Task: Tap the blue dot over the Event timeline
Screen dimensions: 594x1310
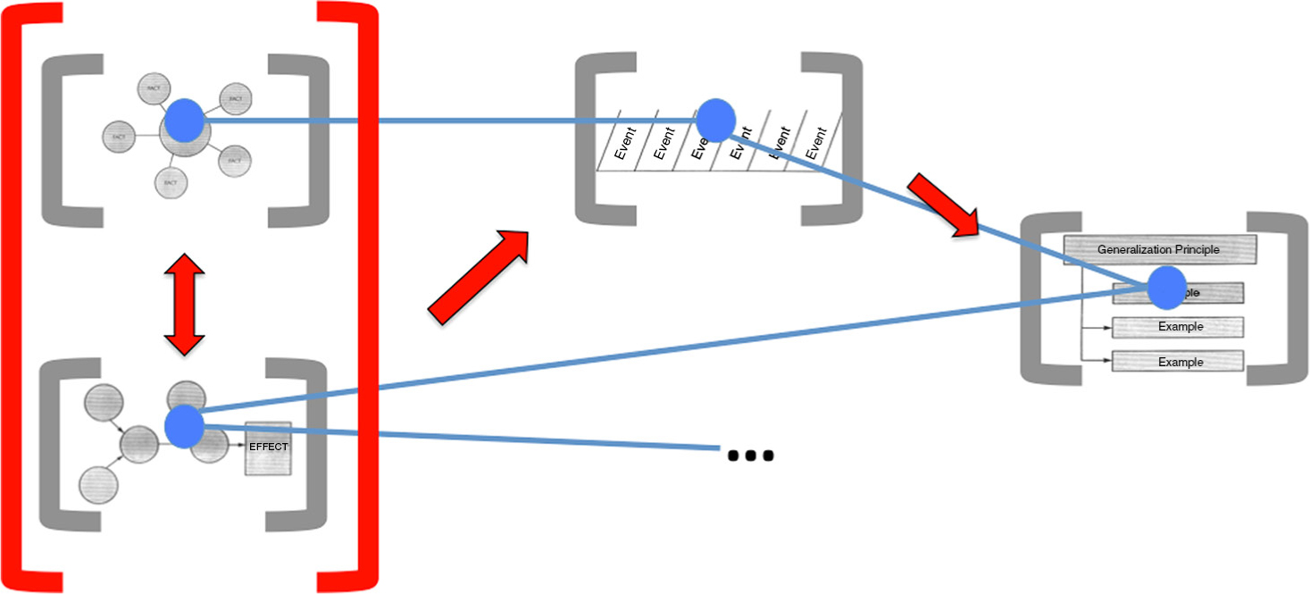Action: click(715, 120)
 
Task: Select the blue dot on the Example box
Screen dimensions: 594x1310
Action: click(1166, 288)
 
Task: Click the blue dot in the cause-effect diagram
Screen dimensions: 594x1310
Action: click(184, 426)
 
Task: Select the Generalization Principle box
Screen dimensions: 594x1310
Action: click(1159, 249)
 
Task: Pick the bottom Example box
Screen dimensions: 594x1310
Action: click(1178, 362)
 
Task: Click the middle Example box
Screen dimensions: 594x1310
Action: click(1178, 327)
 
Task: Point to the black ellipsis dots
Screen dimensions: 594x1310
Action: click(750, 456)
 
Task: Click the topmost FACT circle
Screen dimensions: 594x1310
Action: click(153, 89)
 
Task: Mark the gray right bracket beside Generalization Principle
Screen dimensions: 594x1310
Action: click(1279, 299)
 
